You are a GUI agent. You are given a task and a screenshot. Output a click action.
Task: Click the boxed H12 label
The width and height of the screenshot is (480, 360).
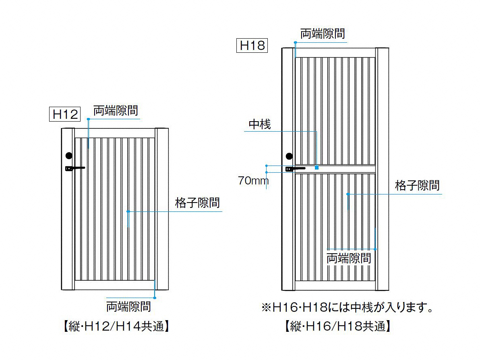(65, 114)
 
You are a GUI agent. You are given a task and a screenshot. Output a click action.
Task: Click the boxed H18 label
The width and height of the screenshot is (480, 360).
(252, 46)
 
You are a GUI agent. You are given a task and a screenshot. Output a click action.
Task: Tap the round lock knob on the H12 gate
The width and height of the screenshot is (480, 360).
(69, 156)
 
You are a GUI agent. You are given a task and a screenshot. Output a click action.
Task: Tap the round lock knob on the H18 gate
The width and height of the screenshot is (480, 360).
(289, 156)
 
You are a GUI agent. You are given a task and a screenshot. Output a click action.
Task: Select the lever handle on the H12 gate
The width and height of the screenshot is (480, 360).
(75, 168)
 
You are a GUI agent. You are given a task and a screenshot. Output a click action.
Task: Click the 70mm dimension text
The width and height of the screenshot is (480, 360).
(253, 181)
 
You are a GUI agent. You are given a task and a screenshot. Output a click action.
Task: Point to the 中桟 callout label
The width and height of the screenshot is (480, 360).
(260, 124)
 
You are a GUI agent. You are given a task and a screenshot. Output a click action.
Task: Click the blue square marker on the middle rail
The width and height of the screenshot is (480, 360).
(317, 168)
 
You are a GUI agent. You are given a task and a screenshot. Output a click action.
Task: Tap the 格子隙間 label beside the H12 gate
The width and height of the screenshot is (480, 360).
(197, 203)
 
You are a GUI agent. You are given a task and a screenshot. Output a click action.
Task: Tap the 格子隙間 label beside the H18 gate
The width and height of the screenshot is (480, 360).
(417, 185)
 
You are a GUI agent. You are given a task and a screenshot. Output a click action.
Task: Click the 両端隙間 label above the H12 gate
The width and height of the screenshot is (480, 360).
(116, 110)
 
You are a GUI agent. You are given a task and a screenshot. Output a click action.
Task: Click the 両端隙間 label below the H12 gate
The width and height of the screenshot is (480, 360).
(128, 306)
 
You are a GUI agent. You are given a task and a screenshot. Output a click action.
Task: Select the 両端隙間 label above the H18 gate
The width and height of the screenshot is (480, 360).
(323, 34)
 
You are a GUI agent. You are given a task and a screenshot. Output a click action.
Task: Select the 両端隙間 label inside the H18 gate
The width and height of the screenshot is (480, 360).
(349, 259)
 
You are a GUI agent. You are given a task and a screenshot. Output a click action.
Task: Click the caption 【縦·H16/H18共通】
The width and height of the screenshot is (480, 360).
(337, 326)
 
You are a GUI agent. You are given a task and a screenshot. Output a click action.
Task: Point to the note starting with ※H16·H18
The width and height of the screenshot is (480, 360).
(348, 307)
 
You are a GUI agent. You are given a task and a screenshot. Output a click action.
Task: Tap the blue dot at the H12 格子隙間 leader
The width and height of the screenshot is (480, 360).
(128, 211)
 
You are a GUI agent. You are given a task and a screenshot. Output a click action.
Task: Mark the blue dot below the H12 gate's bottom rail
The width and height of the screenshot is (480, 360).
(155, 298)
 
